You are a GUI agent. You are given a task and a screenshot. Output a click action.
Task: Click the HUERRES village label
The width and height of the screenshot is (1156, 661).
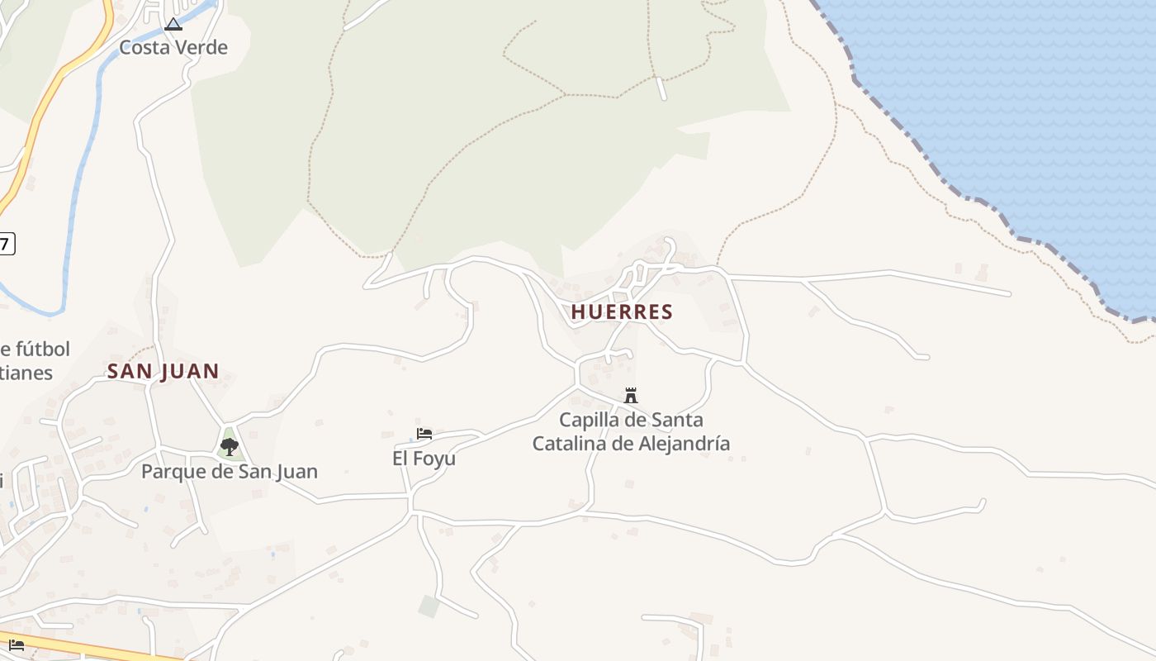622,311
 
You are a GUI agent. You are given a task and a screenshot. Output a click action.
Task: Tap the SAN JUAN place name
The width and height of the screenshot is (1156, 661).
163,371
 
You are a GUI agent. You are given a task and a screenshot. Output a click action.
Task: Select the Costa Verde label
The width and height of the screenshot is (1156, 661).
173,47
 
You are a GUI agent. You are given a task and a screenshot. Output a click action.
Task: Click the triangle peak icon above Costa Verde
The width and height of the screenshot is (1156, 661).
173,24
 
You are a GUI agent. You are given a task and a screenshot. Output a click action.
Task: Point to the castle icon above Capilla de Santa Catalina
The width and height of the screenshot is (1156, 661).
631,395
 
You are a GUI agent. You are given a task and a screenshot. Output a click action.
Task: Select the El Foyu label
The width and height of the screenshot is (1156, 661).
424,458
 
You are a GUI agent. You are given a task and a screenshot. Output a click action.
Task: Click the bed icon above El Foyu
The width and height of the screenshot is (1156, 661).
424,433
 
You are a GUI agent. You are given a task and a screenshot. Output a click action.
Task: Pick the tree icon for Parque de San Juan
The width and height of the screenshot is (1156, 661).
230,447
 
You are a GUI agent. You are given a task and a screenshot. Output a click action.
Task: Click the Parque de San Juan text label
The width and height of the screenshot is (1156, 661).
230,472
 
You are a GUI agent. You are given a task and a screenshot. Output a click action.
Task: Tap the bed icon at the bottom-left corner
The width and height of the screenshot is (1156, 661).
17,644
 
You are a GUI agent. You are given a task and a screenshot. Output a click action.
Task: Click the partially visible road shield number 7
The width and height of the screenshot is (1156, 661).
6,244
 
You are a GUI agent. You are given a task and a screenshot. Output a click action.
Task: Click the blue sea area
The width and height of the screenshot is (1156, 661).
1007,99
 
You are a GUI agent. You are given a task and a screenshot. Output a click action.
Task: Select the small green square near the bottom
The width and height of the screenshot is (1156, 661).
429,606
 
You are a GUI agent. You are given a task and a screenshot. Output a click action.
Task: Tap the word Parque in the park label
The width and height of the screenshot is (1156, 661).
168,472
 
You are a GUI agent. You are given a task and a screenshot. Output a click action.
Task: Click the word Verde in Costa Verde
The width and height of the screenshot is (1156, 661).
201,47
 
